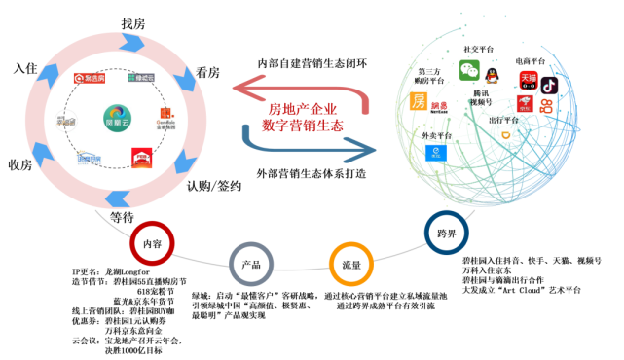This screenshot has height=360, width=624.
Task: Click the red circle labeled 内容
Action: click(152, 243)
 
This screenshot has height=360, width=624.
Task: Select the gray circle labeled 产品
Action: click(251, 264)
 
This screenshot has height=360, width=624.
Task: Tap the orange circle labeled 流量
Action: click(351, 264)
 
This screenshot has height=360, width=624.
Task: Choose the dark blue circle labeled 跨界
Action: click(447, 233)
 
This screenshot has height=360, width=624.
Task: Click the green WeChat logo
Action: click(469, 70)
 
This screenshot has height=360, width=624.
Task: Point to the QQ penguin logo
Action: click(493, 75)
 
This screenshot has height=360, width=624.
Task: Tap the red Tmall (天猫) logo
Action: click(529, 79)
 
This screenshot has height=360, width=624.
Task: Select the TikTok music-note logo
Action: click(549, 85)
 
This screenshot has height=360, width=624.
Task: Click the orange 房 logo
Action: click(419, 101)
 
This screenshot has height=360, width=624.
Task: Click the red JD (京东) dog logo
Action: click(525, 104)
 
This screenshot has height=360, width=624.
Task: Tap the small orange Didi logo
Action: click(505, 135)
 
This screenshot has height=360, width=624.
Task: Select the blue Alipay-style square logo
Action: click(436, 152)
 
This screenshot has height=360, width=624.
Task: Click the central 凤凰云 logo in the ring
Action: click(118, 118)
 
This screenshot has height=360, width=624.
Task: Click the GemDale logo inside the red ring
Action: click(165, 119)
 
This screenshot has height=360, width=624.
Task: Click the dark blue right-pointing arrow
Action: click(312, 144)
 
